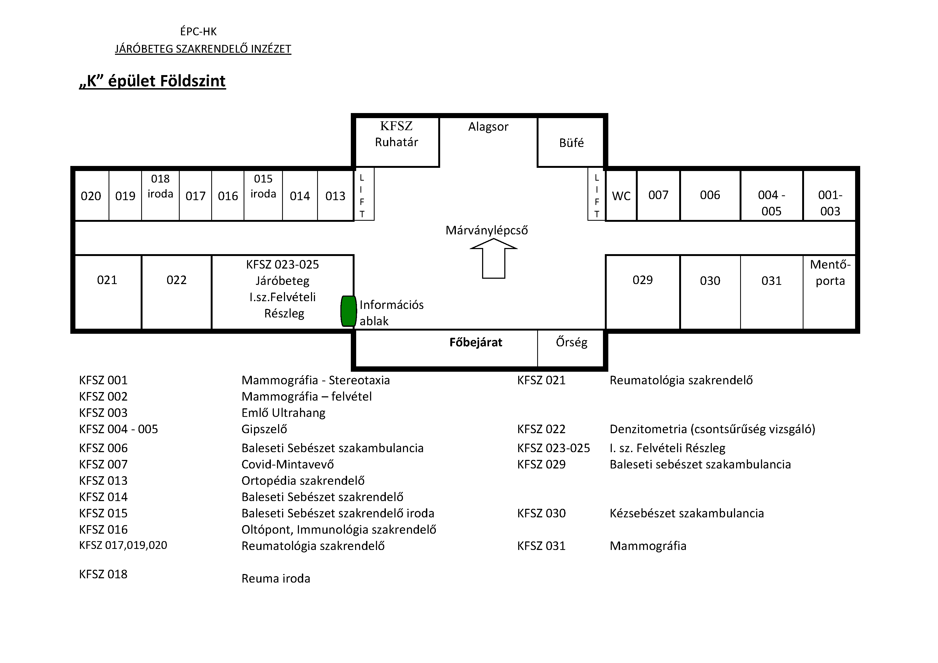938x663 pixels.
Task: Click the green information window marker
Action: [348, 311]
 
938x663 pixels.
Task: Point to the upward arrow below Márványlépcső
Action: [494, 258]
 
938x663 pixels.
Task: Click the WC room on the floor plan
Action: [621, 196]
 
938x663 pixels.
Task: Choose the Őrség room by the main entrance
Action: [571, 348]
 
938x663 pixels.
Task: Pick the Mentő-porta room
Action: [830, 292]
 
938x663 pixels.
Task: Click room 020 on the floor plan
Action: [91, 196]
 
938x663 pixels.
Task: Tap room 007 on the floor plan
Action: [658, 196]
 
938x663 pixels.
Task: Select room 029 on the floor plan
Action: [643, 292]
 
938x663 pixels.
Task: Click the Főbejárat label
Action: [475, 342]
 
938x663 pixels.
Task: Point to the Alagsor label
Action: [488, 127]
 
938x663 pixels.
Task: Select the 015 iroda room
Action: [263, 196]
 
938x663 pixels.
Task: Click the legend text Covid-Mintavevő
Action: [288, 464]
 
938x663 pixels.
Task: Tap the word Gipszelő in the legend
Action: [264, 429]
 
